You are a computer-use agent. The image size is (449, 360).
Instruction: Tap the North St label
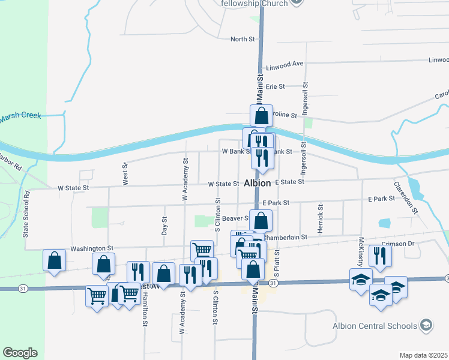tap(243, 39)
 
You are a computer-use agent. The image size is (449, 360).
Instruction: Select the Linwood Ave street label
tap(289, 63)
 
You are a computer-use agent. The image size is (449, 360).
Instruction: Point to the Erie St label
tap(275, 86)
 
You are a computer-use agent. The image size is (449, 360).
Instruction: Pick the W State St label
tap(73, 188)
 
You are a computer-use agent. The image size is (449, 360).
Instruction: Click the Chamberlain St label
tap(285, 237)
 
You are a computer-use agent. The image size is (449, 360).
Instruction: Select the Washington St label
tap(92, 248)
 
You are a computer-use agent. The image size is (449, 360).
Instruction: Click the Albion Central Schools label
tap(375, 326)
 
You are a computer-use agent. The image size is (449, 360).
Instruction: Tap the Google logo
tap(20, 353)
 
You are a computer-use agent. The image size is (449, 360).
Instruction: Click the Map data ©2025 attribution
tap(423, 355)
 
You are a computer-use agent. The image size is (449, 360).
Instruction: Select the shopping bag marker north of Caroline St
tap(262, 115)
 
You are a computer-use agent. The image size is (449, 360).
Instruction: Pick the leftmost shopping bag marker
tap(54, 260)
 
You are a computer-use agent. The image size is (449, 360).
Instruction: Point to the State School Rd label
tap(26, 214)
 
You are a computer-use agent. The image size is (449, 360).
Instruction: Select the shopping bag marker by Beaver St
tap(261, 220)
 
